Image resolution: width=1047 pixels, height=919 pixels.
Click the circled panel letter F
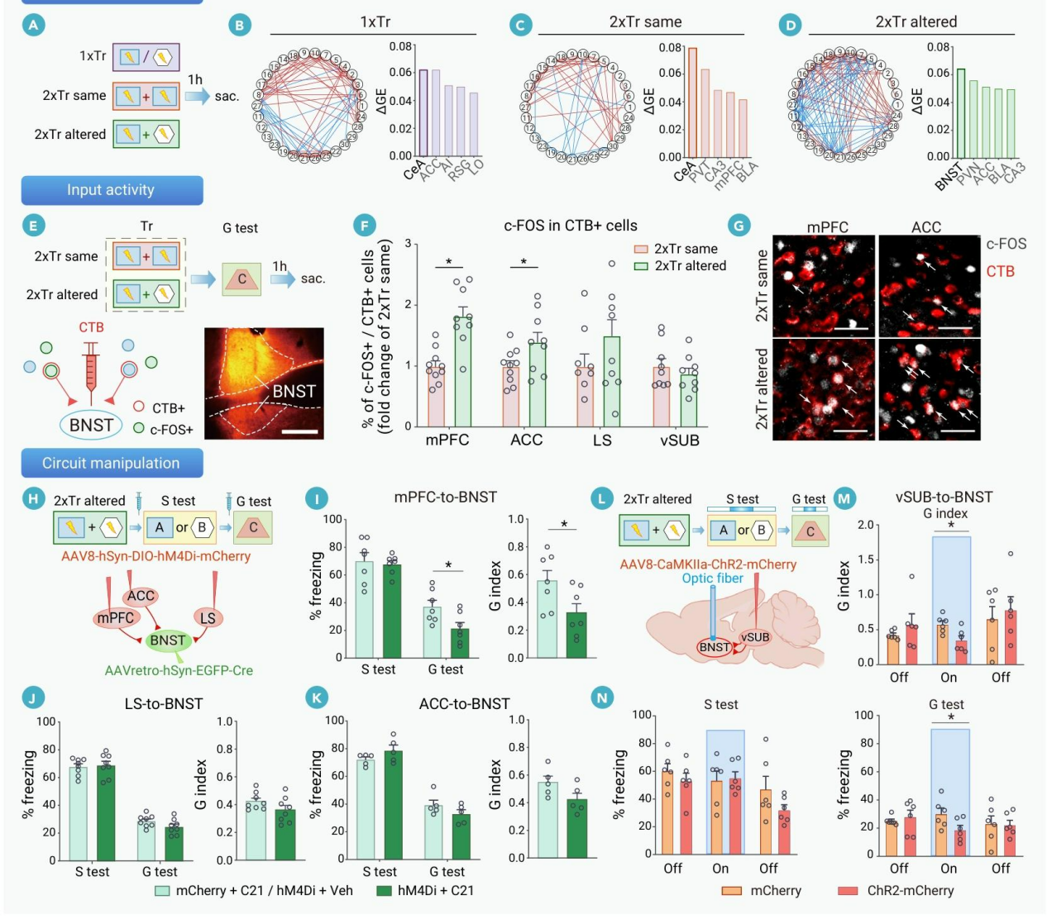(x=364, y=226)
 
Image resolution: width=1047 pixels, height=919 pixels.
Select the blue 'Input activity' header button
(x=112, y=190)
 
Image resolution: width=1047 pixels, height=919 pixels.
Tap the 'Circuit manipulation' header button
(x=112, y=464)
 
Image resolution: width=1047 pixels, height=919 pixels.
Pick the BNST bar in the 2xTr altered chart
(x=960, y=112)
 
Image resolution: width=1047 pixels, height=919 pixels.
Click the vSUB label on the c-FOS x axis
(x=679, y=440)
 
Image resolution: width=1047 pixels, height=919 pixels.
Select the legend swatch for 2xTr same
(x=642, y=249)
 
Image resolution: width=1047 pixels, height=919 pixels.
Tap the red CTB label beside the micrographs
(x=1000, y=271)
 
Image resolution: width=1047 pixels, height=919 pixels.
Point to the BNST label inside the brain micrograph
(x=294, y=391)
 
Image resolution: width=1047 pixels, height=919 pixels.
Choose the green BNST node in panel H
(x=167, y=640)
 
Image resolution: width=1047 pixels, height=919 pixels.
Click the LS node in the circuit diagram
(x=208, y=617)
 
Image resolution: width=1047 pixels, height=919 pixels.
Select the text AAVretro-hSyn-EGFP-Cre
(x=179, y=670)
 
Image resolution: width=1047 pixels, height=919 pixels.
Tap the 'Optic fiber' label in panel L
(x=712, y=579)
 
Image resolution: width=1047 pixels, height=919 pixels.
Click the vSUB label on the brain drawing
(x=754, y=637)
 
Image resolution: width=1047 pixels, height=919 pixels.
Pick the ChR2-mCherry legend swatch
(x=847, y=891)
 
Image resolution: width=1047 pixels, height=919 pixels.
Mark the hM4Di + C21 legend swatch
(x=384, y=891)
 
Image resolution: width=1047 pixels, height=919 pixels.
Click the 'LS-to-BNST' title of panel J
(x=164, y=704)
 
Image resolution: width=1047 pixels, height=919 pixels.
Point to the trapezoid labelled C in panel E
(x=242, y=279)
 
